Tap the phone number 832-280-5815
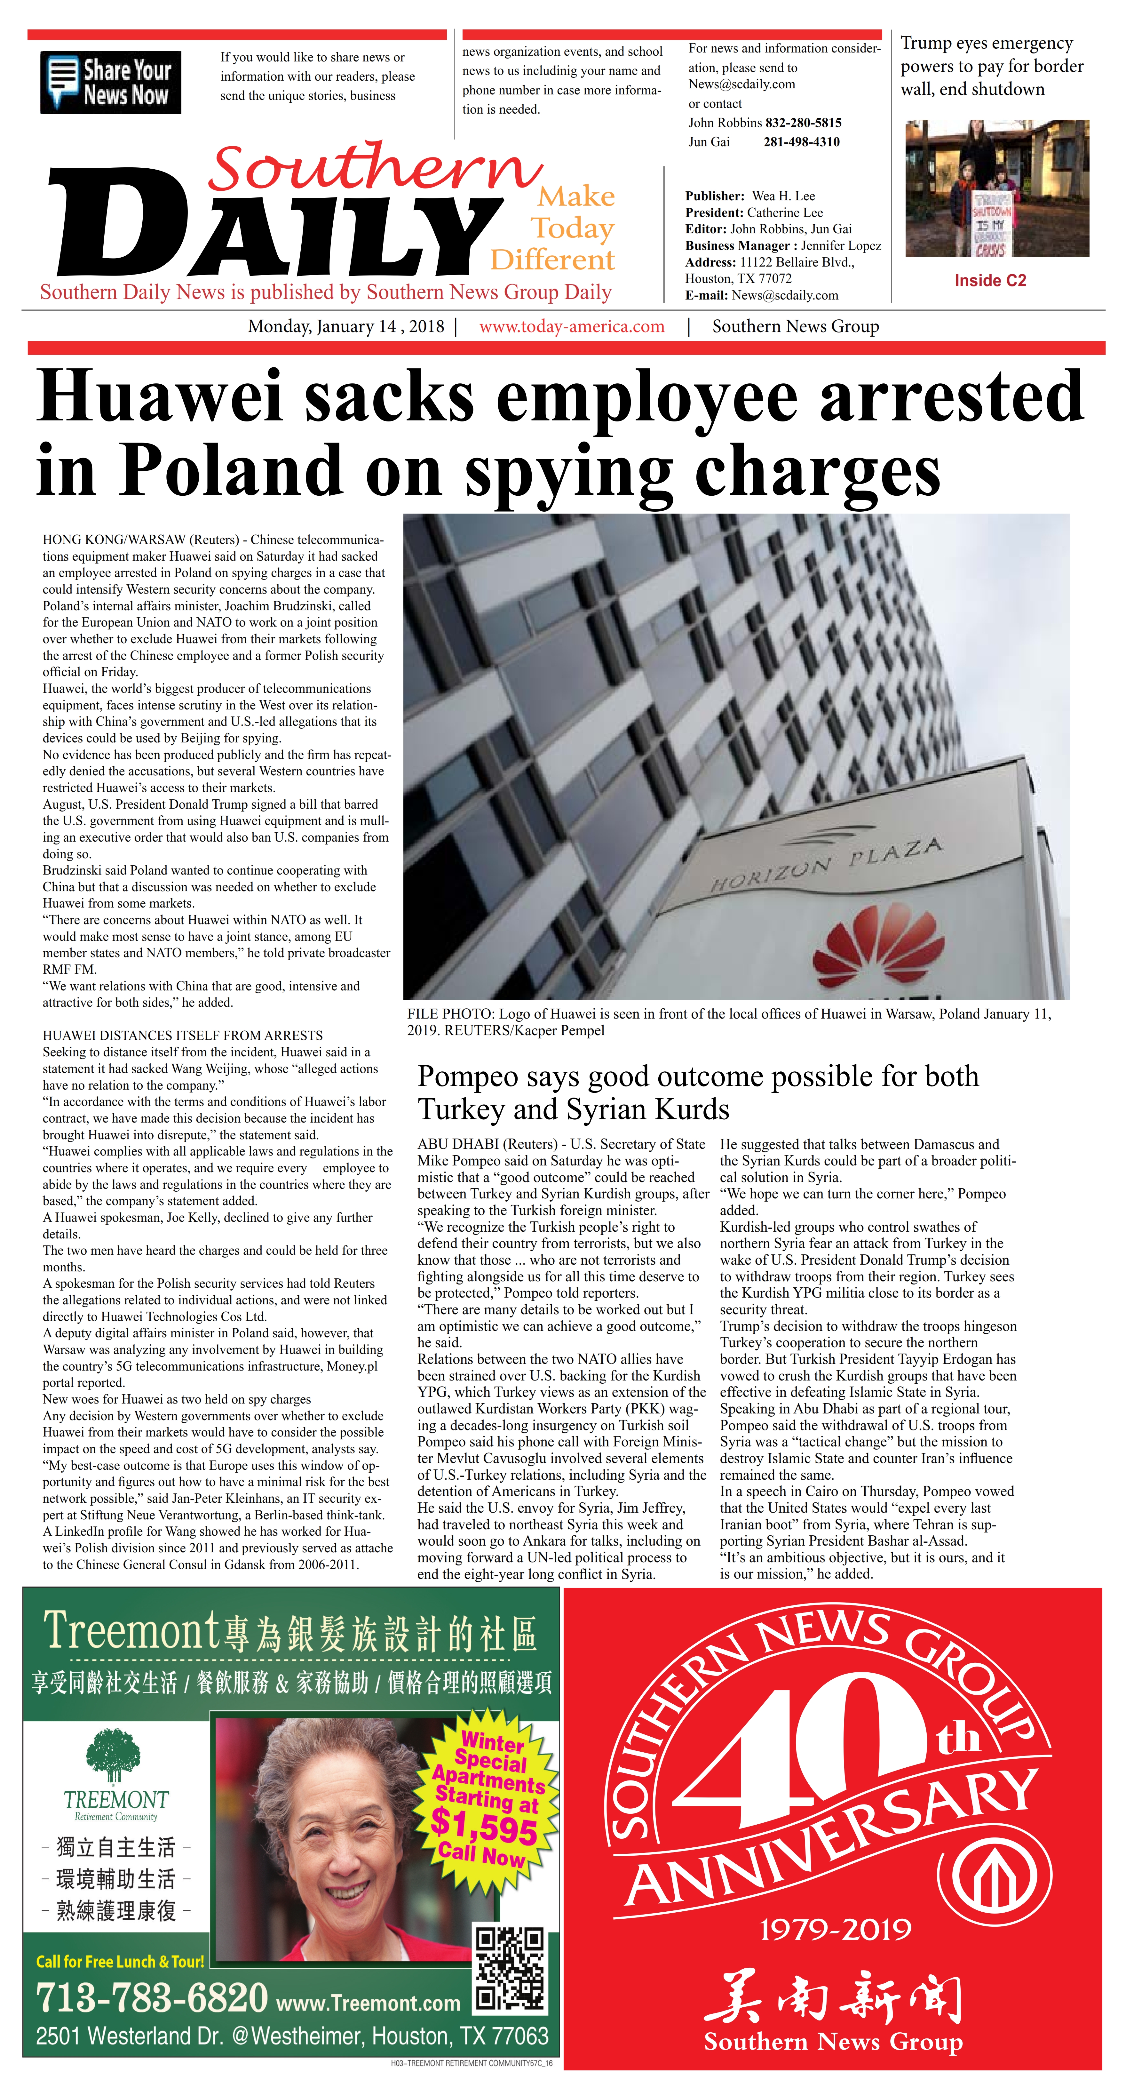pos(803,123)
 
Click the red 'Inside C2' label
pos(990,281)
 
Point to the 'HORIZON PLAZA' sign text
pos(826,865)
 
